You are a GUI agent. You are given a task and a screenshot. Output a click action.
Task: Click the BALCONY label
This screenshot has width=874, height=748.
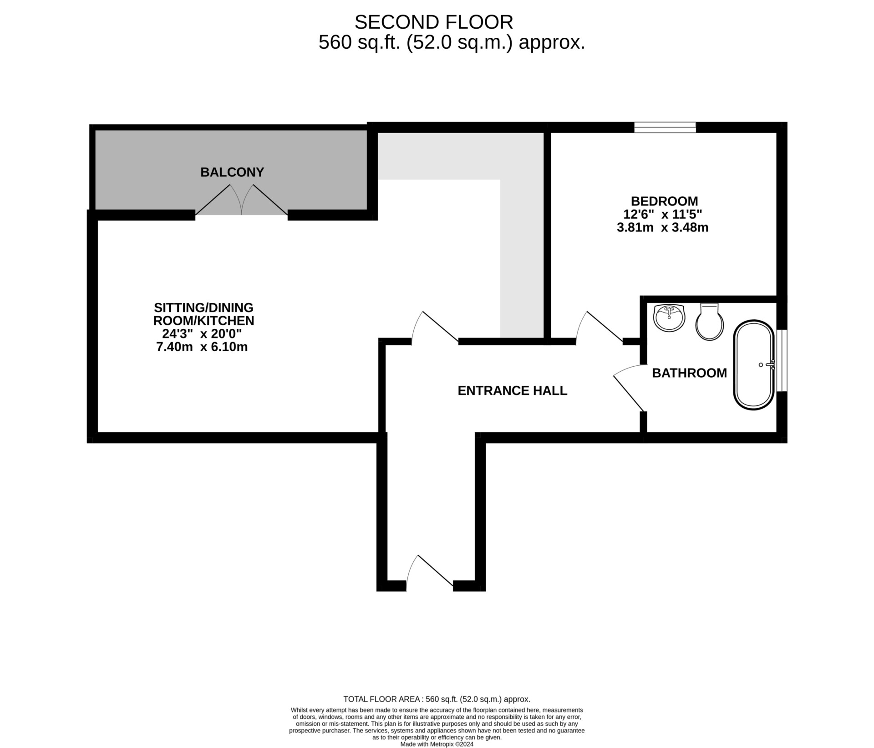click(232, 172)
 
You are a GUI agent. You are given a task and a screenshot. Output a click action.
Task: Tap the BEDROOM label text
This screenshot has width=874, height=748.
click(664, 201)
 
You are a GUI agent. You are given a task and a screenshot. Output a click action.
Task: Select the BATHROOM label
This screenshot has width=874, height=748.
click(689, 373)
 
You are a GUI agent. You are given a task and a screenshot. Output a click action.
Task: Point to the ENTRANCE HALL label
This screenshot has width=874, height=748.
click(512, 390)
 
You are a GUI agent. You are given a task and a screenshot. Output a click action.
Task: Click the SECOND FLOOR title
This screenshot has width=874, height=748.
click(434, 22)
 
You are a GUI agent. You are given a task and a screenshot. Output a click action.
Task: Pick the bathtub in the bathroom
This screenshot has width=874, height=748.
click(754, 364)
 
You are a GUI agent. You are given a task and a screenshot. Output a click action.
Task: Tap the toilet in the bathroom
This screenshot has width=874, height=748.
click(710, 322)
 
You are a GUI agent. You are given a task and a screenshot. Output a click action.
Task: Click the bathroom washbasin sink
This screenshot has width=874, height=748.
click(669, 318)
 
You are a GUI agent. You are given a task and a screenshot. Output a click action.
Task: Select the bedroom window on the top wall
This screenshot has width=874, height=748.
click(666, 127)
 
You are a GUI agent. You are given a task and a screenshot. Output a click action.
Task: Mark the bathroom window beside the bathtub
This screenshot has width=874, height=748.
click(782, 360)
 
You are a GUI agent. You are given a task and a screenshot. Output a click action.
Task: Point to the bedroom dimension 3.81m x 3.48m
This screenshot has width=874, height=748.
click(662, 227)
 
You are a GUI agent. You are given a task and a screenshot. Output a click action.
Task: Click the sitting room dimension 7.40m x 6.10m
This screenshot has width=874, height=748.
click(202, 347)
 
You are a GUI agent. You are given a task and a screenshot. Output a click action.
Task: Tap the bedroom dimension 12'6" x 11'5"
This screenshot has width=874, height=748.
click(662, 214)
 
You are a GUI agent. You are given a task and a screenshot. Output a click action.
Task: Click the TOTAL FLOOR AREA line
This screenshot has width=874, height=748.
click(437, 699)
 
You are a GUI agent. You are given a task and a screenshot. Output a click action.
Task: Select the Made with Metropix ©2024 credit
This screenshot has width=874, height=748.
click(437, 744)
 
